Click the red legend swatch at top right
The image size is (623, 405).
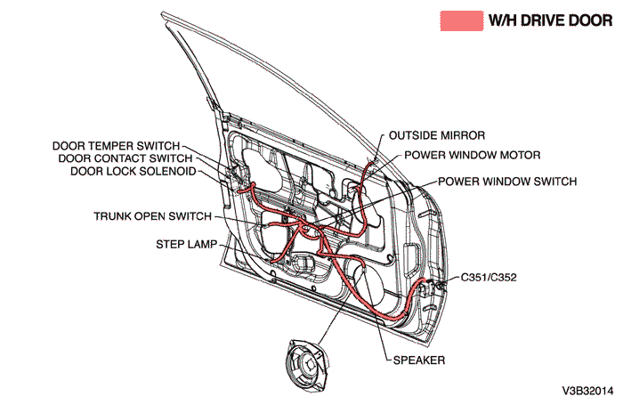coord(461,21)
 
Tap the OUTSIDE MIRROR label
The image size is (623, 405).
coord(437,136)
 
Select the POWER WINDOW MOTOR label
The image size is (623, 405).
coord(472,155)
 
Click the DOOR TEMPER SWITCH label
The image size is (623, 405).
coord(116,145)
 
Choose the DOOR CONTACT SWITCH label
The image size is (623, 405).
coord(125,158)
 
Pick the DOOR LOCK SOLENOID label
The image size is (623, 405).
coord(133,171)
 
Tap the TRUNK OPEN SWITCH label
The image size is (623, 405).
coord(152,216)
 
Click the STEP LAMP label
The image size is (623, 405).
coord(186,243)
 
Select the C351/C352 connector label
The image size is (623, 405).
coord(489,278)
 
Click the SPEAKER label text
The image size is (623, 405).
coord(418,360)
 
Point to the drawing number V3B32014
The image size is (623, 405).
coord(587,391)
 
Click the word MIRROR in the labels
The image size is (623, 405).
coord(465,136)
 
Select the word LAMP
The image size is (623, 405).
coord(201,243)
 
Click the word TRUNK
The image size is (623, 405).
coord(112,216)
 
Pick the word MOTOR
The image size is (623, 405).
coord(521,155)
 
